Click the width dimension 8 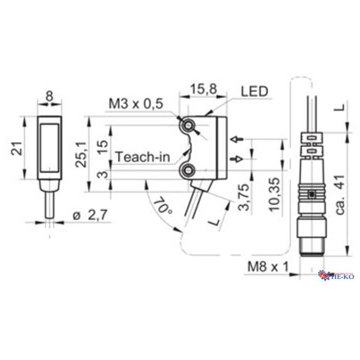tap(50, 97)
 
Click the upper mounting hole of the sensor tap(188, 125)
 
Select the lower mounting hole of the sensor tap(188, 171)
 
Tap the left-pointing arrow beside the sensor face tap(238, 140)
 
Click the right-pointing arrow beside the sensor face tap(238, 158)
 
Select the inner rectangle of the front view tap(51, 147)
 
